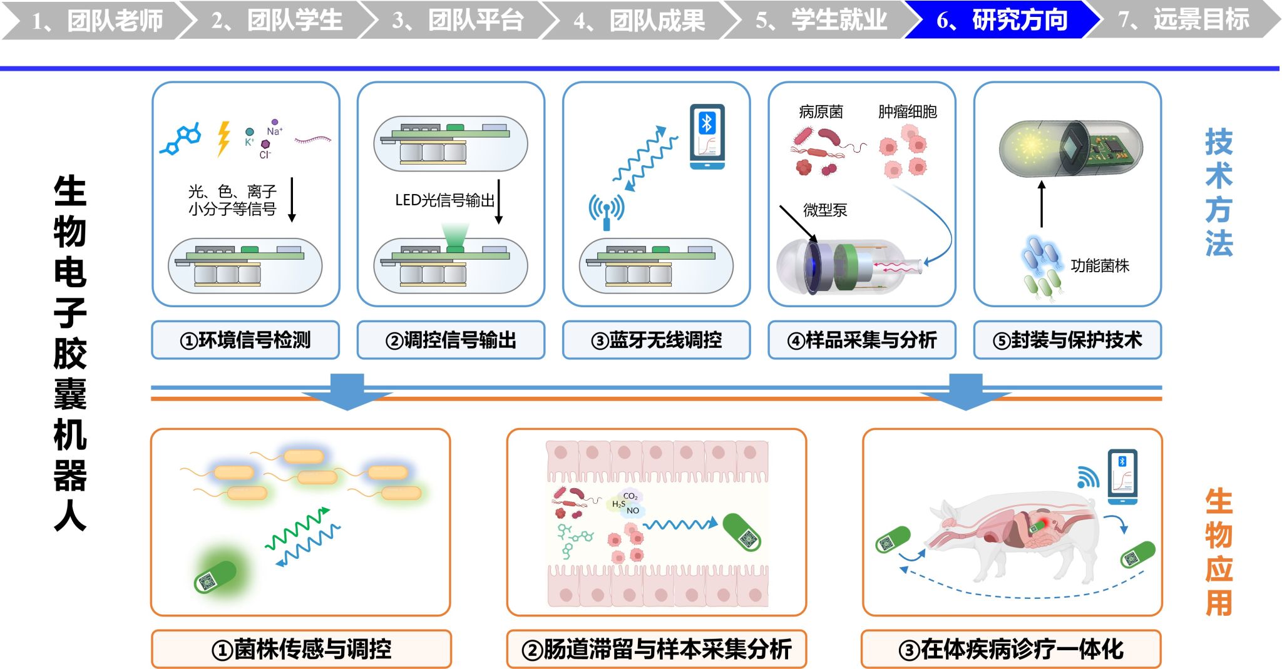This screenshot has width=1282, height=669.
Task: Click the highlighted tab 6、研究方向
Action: click(1002, 20)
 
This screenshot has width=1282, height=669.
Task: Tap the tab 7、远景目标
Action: click(1183, 20)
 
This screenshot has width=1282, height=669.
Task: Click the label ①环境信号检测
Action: click(245, 340)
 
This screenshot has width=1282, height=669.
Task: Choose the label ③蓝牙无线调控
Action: click(656, 340)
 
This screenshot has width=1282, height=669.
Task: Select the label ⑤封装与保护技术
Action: click(1067, 340)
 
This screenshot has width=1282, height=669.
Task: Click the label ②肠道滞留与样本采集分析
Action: click(657, 649)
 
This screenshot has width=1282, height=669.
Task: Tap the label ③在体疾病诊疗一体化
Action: click(1012, 649)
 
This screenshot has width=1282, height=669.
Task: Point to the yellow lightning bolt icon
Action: click(223, 138)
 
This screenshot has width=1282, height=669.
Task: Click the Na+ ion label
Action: click(274, 131)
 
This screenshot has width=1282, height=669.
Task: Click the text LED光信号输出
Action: click(444, 200)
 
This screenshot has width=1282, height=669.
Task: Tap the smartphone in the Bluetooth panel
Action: click(707, 136)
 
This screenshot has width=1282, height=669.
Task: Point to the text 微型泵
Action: click(825, 210)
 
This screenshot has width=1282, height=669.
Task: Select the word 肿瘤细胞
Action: click(907, 112)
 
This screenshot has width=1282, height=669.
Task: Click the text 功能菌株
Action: click(1100, 266)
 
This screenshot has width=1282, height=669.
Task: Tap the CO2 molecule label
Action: click(630, 496)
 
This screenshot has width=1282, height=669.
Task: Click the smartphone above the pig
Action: click(1122, 477)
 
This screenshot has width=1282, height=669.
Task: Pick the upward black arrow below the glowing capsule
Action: click(1042, 204)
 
